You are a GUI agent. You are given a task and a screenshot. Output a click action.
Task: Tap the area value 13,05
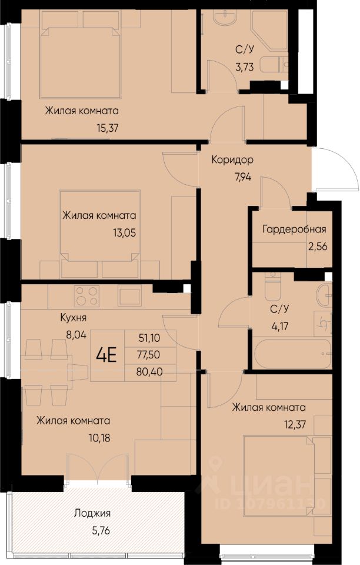pyautogui.click(x=124, y=233)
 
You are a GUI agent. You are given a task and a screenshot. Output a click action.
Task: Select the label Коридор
pyautogui.click(x=232, y=159)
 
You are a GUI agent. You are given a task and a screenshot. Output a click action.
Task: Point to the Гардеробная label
pyautogui.click(x=294, y=229)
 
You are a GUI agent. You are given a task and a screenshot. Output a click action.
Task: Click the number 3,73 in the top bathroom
pyautogui.click(x=245, y=67)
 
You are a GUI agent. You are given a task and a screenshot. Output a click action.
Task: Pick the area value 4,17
pyautogui.click(x=280, y=327)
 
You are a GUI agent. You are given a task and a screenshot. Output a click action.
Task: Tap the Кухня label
pyautogui.click(x=74, y=318)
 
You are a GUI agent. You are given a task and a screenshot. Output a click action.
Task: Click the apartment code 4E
pyautogui.click(x=106, y=355)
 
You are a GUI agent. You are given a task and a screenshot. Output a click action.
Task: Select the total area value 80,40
pyautogui.click(x=149, y=371)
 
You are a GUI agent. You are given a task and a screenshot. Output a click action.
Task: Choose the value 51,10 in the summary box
pyautogui.click(x=149, y=338)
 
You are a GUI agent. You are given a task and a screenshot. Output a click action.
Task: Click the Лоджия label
pyautogui.click(x=92, y=513)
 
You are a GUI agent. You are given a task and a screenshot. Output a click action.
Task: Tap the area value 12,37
pyautogui.click(x=295, y=424)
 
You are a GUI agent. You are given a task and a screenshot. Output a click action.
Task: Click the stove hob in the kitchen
pyautogui.click(x=86, y=296)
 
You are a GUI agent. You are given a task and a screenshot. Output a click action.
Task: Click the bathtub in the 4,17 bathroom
pyautogui.click(x=292, y=354)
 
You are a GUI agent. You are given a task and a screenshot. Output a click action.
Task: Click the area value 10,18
pyautogui.click(x=99, y=438)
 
